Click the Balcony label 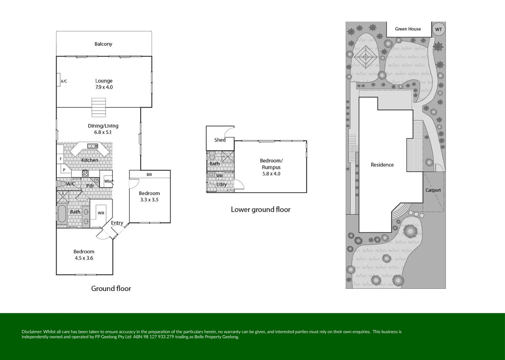(103, 44)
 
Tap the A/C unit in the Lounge (58, 80)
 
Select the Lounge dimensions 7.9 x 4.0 (104, 87)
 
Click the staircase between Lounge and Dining (99, 107)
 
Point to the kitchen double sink (93, 146)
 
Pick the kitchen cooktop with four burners (85, 173)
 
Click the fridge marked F (60, 159)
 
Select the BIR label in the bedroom (149, 174)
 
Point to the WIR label (101, 213)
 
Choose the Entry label (117, 223)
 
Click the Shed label (220, 140)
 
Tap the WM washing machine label (220, 176)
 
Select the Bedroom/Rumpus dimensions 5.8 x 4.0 (271, 174)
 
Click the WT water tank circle (438, 30)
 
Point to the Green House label (408, 29)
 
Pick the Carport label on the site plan (433, 190)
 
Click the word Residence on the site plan (382, 165)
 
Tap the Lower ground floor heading (261, 210)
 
